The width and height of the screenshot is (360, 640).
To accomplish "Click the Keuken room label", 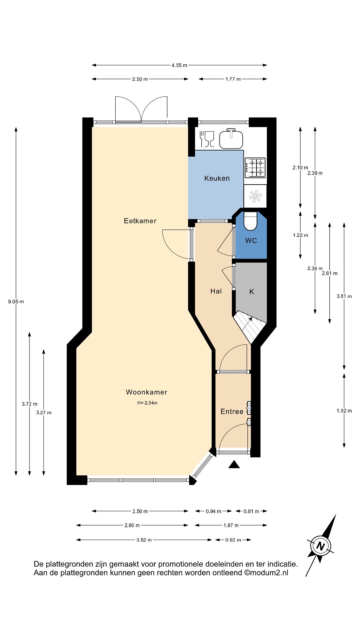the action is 217,178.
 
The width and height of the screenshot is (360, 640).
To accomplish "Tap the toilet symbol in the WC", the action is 251,221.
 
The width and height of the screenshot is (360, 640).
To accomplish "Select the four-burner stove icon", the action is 255,168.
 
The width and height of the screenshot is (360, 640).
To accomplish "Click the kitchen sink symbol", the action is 231,139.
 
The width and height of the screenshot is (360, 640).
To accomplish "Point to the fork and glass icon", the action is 207,139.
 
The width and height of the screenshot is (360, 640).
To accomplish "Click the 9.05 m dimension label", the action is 16,302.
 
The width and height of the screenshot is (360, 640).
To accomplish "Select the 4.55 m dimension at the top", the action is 179,65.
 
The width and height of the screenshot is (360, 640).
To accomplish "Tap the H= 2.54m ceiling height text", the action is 147,403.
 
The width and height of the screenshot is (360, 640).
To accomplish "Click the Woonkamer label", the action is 146,392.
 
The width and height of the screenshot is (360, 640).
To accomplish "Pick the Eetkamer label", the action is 140,221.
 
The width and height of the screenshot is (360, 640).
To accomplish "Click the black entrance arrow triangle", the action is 234,464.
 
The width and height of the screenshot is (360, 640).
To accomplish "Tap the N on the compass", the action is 321,546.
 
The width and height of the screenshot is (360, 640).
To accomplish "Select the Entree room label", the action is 232,412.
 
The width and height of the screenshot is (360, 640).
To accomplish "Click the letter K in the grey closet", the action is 252,292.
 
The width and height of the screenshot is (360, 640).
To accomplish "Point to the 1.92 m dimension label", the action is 344,411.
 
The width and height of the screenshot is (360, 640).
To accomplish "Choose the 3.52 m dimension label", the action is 144,540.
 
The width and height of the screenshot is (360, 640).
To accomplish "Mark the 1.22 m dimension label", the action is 300,235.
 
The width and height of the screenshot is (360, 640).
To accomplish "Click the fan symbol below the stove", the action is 255,196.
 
